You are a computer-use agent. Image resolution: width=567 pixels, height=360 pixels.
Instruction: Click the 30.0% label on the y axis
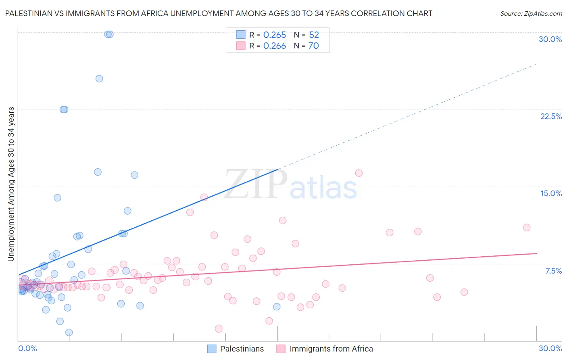coord(550,39)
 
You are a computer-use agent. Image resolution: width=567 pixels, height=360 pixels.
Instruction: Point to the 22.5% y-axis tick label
coord(551,116)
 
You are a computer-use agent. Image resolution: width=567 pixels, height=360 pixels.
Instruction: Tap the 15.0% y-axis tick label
coord(551,193)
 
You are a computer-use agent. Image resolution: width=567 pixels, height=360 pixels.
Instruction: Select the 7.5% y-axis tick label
coord(553,271)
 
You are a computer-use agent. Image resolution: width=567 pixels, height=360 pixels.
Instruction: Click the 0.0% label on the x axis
coord(27,348)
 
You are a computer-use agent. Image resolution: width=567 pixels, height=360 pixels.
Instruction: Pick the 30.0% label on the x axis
coord(550,348)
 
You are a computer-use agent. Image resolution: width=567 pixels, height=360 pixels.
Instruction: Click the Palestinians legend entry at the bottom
coord(242,349)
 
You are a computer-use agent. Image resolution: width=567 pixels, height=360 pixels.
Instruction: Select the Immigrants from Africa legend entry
coord(331,349)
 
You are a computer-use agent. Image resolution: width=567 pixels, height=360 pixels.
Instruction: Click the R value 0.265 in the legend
coord(275,35)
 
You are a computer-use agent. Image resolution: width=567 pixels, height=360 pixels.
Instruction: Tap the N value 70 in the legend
coord(313,46)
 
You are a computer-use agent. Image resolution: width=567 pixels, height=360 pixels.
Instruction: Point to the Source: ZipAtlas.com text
coord(531,13)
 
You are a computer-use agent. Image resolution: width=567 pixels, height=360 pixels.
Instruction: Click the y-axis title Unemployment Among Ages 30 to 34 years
coord(11,184)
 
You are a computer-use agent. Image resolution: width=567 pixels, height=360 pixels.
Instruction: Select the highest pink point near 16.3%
coord(359,173)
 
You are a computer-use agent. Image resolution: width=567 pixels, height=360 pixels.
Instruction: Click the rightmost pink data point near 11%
coord(527,228)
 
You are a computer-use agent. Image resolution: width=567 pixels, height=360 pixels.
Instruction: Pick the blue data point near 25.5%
coord(99,79)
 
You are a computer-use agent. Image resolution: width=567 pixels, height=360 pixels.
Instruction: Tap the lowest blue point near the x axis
coord(69,333)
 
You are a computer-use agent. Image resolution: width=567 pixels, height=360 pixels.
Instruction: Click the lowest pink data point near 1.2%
coord(219,329)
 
